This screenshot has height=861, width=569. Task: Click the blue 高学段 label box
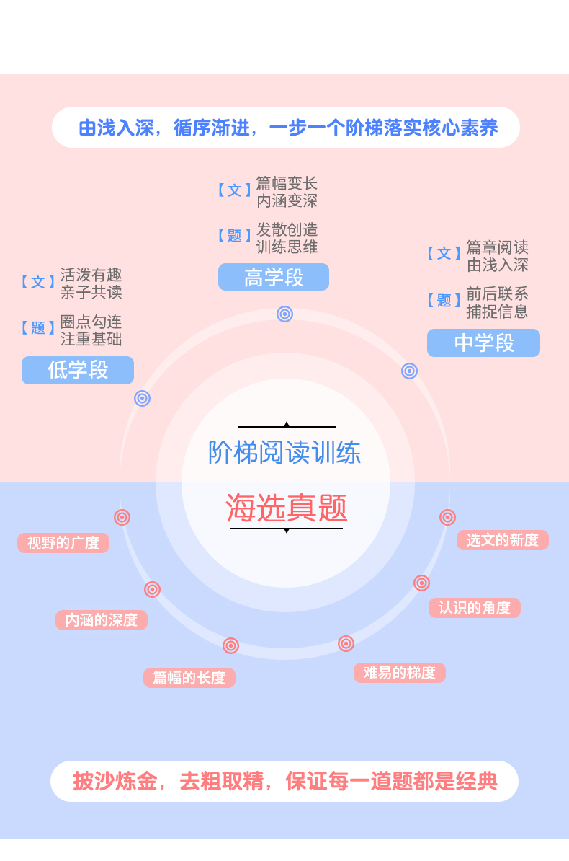pyautogui.click(x=274, y=278)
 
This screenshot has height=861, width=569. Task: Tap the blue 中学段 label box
pyautogui.click(x=483, y=343)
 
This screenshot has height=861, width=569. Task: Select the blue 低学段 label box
pyautogui.click(x=78, y=370)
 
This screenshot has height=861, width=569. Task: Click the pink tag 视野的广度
pyautogui.click(x=63, y=543)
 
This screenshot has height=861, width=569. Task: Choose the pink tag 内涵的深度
pyautogui.click(x=102, y=620)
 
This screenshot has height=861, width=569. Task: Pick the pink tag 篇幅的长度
pyautogui.click(x=189, y=678)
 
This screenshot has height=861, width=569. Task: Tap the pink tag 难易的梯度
pyautogui.click(x=400, y=673)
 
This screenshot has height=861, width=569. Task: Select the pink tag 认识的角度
pyautogui.click(x=475, y=608)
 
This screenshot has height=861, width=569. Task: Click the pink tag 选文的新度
pyautogui.click(x=503, y=540)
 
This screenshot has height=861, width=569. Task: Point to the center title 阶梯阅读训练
pyautogui.click(x=284, y=453)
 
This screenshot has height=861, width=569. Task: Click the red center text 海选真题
pyautogui.click(x=287, y=508)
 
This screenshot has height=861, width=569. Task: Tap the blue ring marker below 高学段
pyautogui.click(x=284, y=314)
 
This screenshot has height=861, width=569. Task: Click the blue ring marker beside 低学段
pyautogui.click(x=142, y=398)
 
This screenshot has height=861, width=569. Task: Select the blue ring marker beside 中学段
pyautogui.click(x=409, y=371)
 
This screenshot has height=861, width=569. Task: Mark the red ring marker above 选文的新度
pyautogui.click(x=447, y=517)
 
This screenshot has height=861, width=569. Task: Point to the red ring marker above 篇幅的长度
pyautogui.click(x=230, y=645)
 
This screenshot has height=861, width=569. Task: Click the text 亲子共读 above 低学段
pyautogui.click(x=91, y=293)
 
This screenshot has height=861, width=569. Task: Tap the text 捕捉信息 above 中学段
pyautogui.click(x=497, y=312)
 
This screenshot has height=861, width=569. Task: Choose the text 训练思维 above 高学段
pyautogui.click(x=287, y=247)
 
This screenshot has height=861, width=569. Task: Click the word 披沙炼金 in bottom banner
pyautogui.click(x=115, y=782)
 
